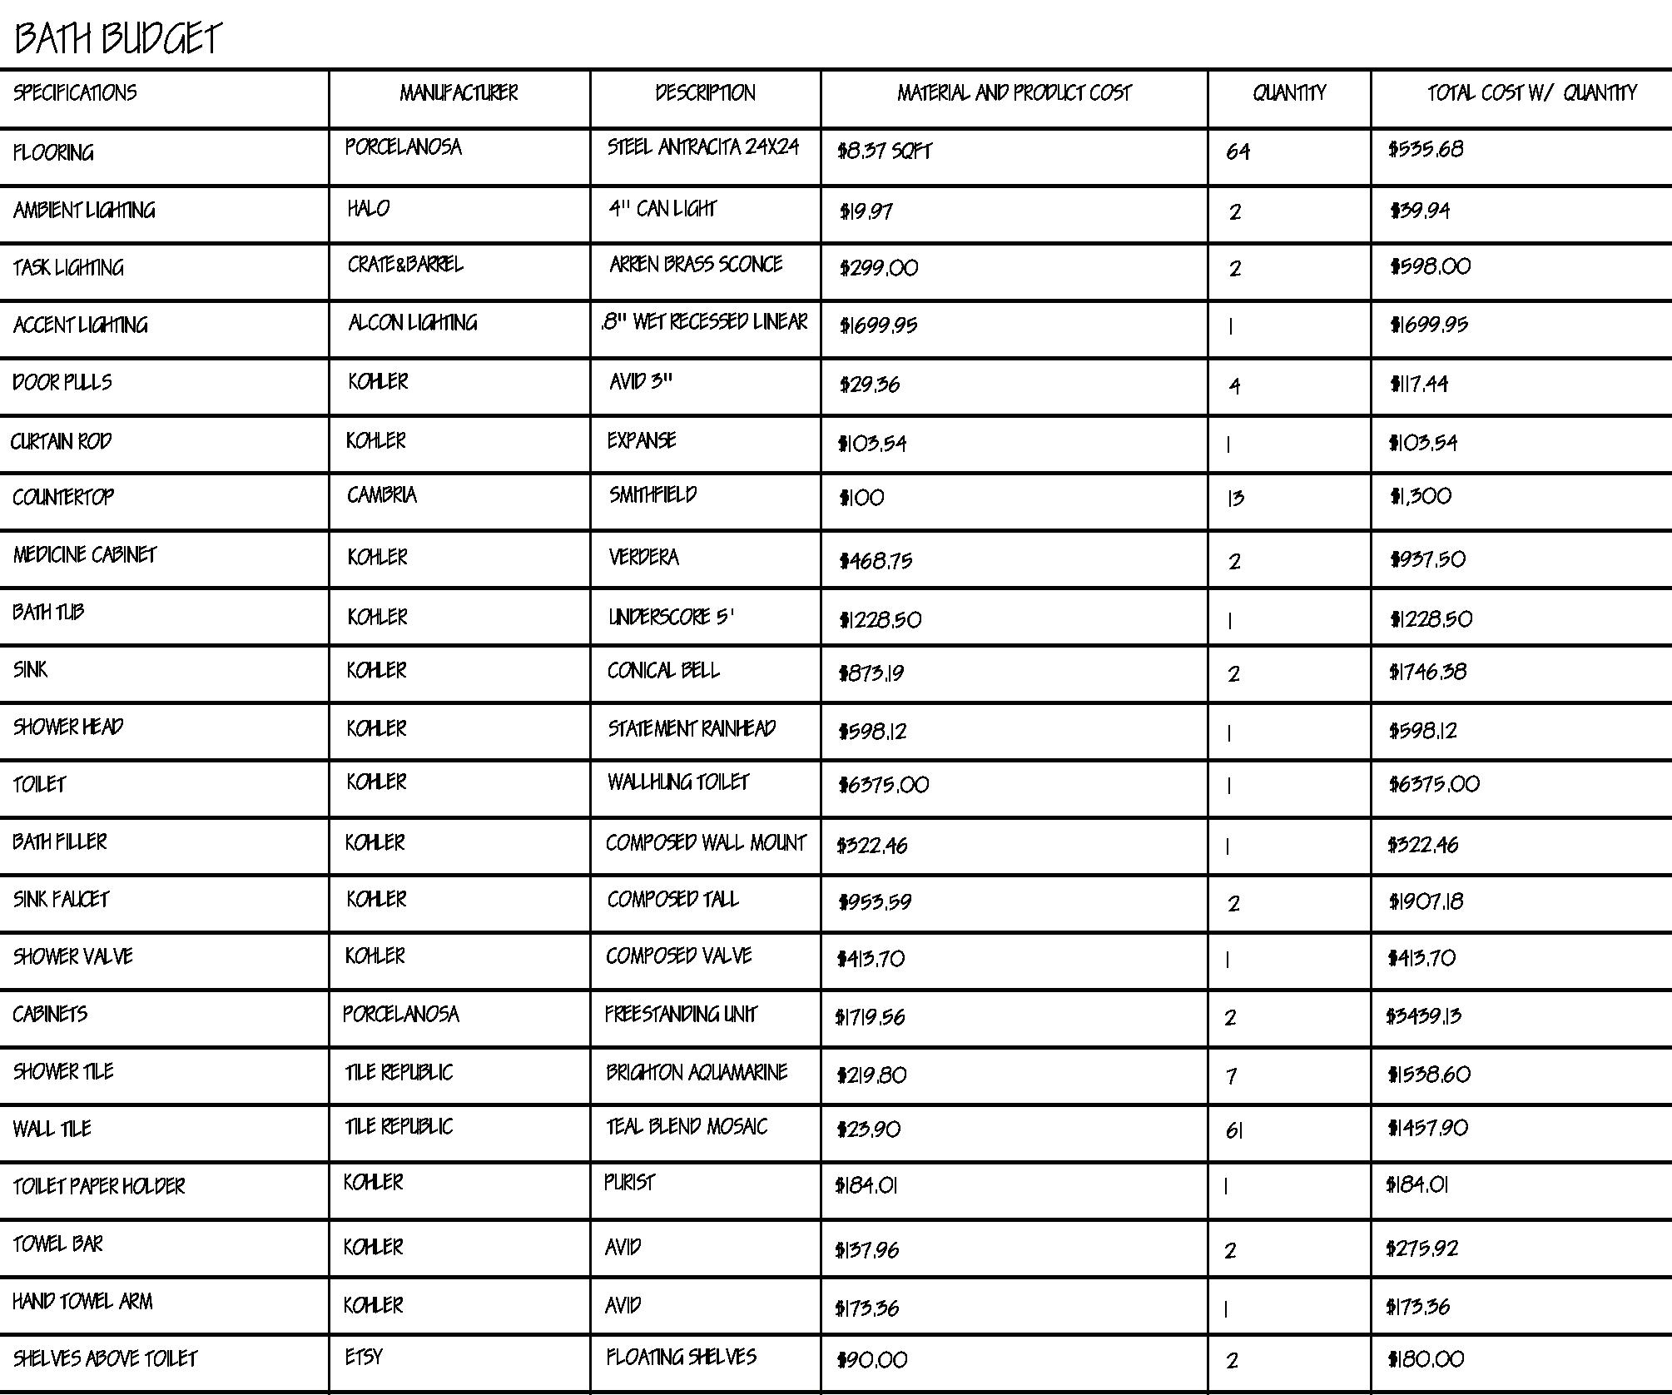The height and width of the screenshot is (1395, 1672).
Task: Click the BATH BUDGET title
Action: pos(118,38)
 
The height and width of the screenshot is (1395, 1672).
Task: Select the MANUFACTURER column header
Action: pos(459,92)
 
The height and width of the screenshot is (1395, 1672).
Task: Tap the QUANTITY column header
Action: pos(1289,92)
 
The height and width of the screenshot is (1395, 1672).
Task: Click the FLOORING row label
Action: pos(53,152)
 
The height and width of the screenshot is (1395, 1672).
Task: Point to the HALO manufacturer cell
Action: pos(369,208)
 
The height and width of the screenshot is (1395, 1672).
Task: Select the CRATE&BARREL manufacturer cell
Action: pos(405,265)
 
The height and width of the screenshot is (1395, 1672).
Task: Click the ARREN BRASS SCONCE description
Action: pos(696,265)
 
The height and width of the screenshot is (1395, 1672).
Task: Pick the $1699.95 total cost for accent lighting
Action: pos(1429,325)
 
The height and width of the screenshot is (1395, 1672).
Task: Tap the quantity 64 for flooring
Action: pos(1238,152)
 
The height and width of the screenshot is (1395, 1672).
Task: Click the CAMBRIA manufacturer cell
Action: pos(382,495)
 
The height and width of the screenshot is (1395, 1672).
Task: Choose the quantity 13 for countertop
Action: pos(1236,499)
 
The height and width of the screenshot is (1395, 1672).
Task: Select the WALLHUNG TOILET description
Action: pos(678,782)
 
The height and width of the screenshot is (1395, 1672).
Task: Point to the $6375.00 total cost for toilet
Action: pos(1435,784)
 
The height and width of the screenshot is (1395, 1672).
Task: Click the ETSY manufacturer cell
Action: pos(364,1358)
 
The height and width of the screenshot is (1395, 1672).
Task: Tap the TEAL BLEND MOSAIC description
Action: pos(687,1127)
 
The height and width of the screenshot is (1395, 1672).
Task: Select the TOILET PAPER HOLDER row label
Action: pos(99,1186)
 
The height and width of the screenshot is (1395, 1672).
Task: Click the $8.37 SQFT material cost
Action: pos(885,151)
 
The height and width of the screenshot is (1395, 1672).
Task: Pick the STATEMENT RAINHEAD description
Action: pos(692,729)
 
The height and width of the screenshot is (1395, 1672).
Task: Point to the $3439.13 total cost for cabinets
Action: pos(1424,1016)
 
